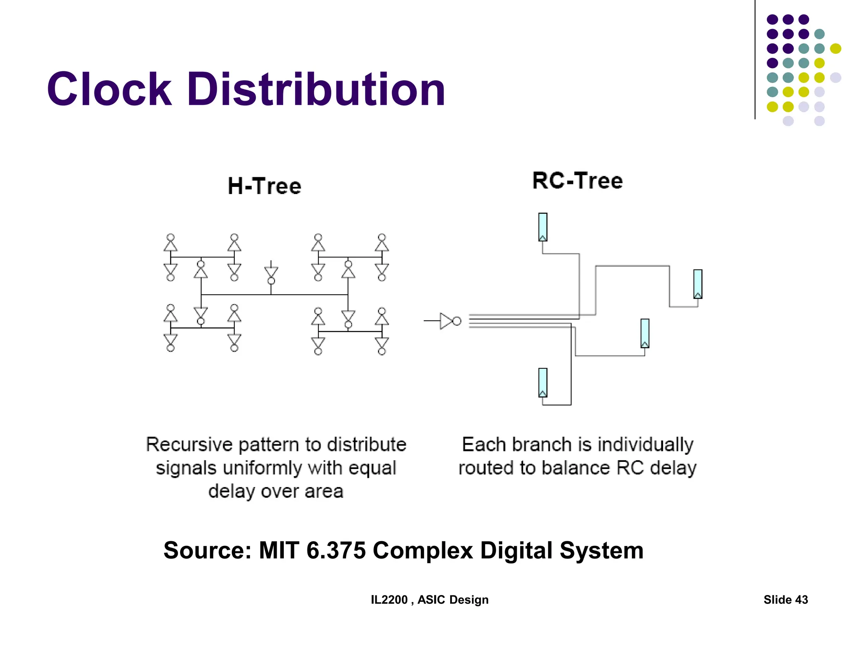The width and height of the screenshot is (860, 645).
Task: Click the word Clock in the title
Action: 109,89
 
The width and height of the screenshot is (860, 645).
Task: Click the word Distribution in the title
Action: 316,89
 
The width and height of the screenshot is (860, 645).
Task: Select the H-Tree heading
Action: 265,186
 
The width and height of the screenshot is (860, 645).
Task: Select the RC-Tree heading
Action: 577,181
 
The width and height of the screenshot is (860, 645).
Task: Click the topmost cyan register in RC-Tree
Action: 543,227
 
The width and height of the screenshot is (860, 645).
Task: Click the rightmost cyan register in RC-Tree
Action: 697,284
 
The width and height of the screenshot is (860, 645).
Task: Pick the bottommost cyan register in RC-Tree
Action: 543,383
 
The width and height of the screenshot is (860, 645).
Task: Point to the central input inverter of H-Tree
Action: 271,274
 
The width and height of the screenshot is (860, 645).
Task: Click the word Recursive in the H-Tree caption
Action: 189,444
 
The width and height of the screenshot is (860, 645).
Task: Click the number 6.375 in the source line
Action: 336,550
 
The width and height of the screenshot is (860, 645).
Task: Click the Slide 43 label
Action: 785,600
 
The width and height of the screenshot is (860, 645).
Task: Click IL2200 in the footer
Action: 389,600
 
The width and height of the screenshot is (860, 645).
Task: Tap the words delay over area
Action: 276,491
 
